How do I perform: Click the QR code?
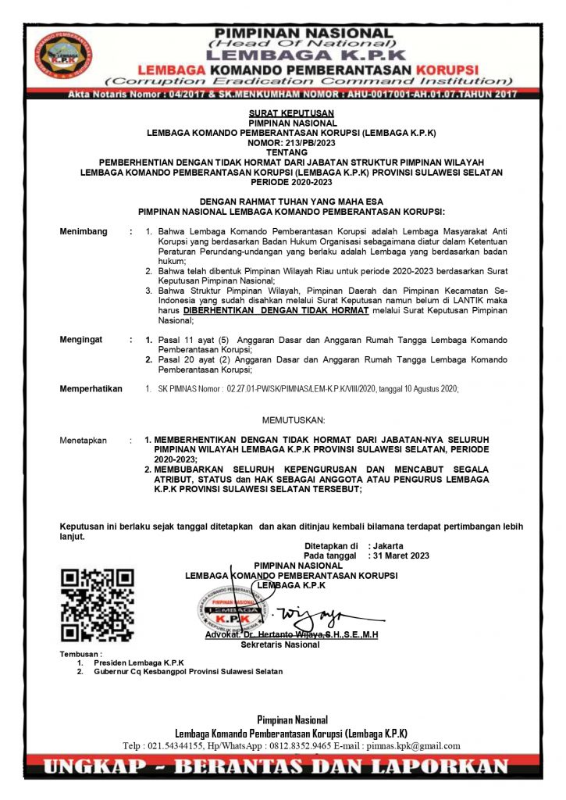98,605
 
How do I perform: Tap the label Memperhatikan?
91,388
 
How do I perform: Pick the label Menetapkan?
84,441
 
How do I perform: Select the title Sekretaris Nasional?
280,645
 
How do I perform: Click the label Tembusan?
80,653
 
